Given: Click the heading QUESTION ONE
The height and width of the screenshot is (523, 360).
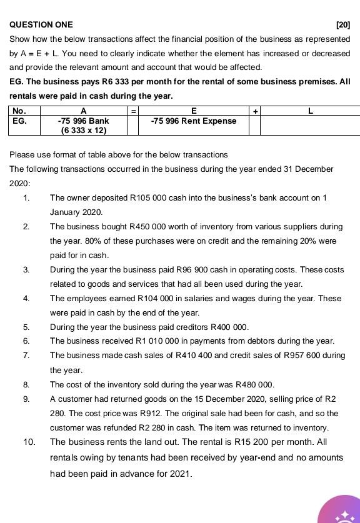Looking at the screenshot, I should pyautogui.click(x=41, y=25).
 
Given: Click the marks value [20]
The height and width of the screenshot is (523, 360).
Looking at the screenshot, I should pyautogui.click(x=342, y=25).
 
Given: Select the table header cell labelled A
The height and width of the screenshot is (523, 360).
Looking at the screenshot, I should pyautogui.click(x=83, y=111).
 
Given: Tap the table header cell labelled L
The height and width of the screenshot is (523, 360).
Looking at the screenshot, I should pyautogui.click(x=310, y=111).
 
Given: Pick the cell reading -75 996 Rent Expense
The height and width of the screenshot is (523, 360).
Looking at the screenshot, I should pyautogui.click(x=194, y=121).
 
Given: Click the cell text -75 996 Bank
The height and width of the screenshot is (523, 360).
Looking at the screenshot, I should pyautogui.click(x=83, y=121).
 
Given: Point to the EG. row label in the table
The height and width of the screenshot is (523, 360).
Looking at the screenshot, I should pyautogui.click(x=20, y=121).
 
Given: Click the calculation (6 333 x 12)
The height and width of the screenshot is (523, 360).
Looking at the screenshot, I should pyautogui.click(x=83, y=131).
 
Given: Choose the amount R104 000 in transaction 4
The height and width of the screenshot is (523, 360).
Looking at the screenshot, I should pyautogui.click(x=144, y=299).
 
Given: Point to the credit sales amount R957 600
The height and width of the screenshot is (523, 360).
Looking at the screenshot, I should pyautogui.click(x=318, y=356).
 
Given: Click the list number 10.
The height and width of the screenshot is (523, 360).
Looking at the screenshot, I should pyautogui.click(x=29, y=442).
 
